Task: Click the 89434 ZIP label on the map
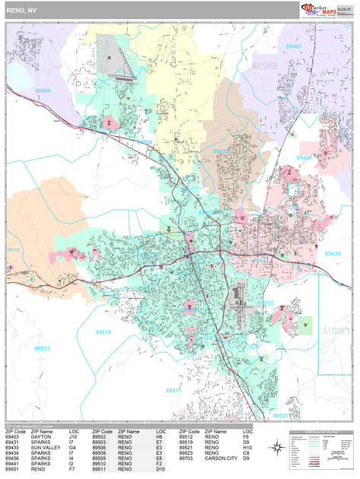pyautogui.click(x=333, y=253)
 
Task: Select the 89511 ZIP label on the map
pyautogui.click(x=174, y=390)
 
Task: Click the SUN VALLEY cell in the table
pyautogui.click(x=46, y=448)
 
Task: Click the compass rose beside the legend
pyautogui.click(x=278, y=449)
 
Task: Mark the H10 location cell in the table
pyautogui.click(x=248, y=448)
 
